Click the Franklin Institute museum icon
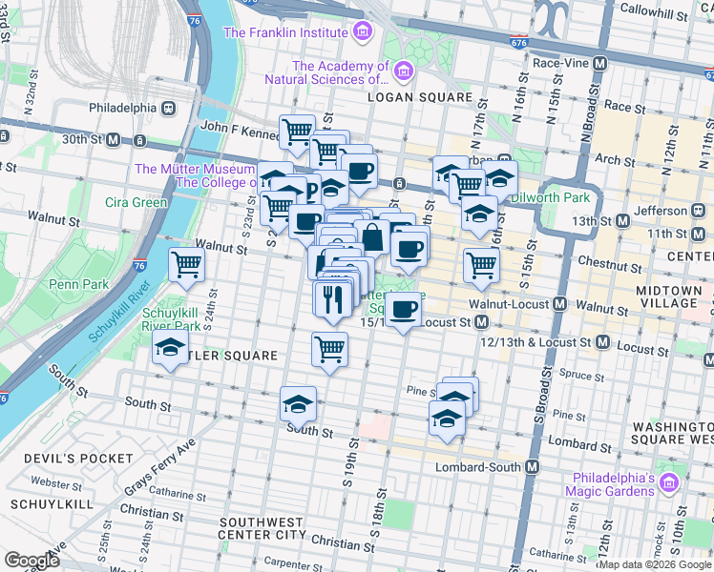(x=362, y=32)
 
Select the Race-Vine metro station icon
(x=600, y=63)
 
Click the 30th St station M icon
(x=113, y=140)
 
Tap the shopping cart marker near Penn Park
(x=186, y=264)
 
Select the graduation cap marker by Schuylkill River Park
(x=170, y=349)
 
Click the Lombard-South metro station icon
(x=532, y=467)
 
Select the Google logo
(x=32, y=560)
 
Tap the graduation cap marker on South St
(x=298, y=404)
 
